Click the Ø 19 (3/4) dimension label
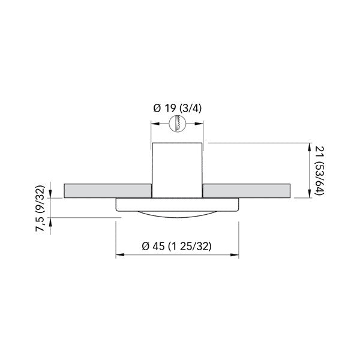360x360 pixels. pos(177,108)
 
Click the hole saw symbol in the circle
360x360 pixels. pos(177,124)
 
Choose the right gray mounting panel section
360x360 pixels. pos(247,190)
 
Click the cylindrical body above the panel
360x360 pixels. pos(177,168)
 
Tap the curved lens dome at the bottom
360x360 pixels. pos(177,214)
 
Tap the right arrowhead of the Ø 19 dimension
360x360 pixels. pos(201,124)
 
